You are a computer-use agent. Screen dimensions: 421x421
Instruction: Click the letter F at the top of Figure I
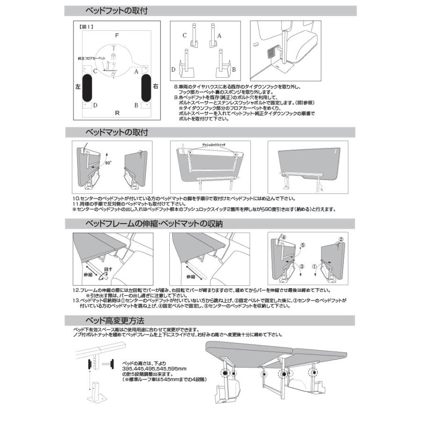point(117,35)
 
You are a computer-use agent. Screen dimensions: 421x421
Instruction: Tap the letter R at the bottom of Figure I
point(117,113)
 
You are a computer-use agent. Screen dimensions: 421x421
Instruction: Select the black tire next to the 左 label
point(87,87)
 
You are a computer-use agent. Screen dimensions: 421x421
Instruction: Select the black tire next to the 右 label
point(146,87)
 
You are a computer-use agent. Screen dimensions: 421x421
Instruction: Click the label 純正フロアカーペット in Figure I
point(92,59)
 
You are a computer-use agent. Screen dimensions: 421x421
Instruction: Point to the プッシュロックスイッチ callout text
point(213,145)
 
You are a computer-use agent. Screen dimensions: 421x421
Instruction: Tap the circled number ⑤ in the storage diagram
point(303,244)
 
